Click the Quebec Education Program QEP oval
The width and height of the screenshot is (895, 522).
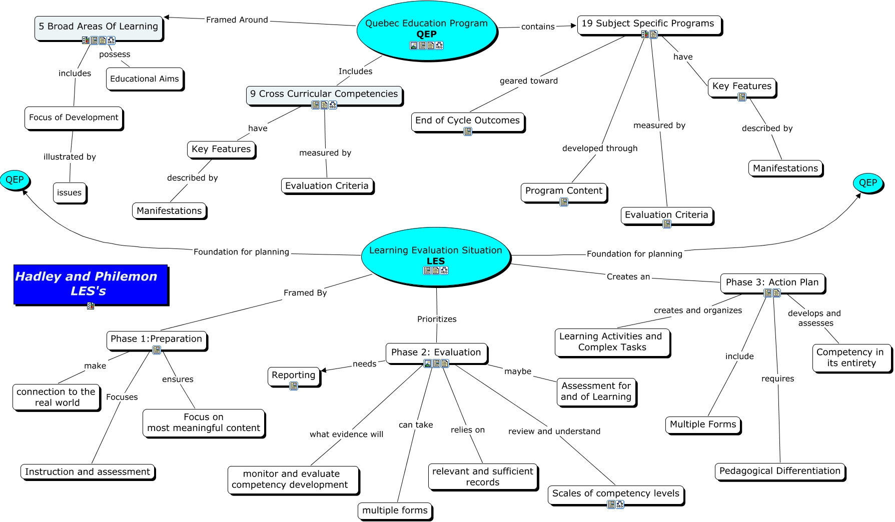[x=427, y=31]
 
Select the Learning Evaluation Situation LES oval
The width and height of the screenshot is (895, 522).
[x=436, y=256]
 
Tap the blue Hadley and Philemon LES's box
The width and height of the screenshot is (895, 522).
[x=91, y=284]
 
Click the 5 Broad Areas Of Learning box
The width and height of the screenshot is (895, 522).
[x=99, y=28]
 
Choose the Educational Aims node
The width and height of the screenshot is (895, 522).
[x=145, y=79]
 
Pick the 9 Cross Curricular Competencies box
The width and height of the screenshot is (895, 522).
[x=324, y=95]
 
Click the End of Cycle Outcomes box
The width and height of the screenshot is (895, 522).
[x=468, y=122]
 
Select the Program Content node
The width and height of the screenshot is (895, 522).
[x=564, y=192]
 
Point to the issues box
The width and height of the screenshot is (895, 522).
[x=70, y=193]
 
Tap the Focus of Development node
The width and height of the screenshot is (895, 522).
[x=74, y=118]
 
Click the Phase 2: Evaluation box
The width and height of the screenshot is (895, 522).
[x=436, y=353]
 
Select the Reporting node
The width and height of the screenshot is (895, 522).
[x=294, y=377]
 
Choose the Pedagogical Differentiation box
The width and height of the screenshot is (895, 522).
[x=780, y=471]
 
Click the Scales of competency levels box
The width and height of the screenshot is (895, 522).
[x=616, y=495]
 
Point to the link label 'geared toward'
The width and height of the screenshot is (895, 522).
[x=529, y=81]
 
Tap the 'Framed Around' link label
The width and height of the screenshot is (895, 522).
[x=237, y=20]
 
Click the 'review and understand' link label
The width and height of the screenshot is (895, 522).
[x=554, y=431]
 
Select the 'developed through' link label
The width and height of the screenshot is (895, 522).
[x=600, y=148]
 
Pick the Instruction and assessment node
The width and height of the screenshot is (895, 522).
[x=88, y=472]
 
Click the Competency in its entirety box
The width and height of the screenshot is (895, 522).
[x=850, y=358]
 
